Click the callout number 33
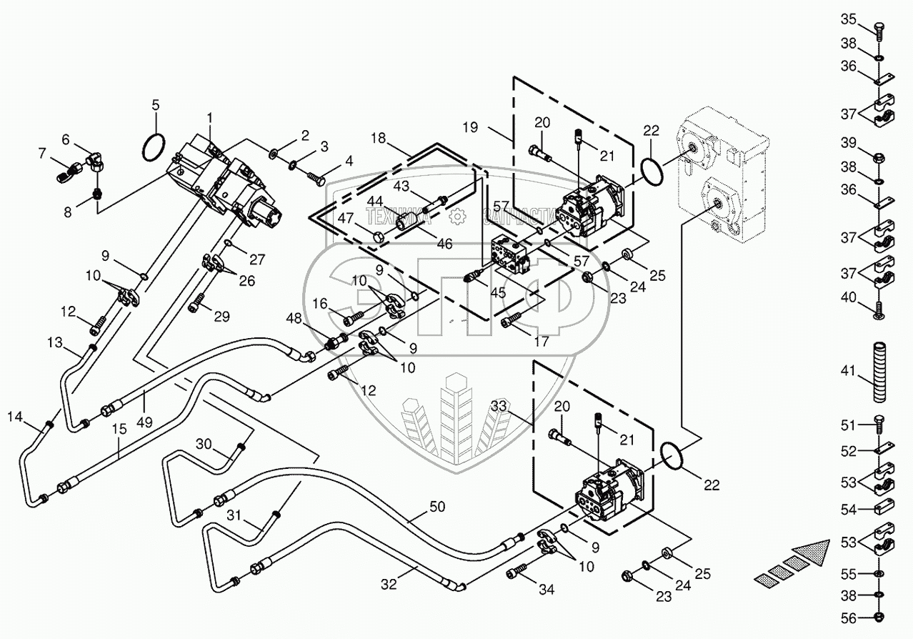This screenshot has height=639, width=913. (x=499, y=406)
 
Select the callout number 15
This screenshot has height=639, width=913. (x=119, y=430)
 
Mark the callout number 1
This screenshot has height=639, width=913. (x=210, y=117)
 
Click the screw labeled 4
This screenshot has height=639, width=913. (x=315, y=174)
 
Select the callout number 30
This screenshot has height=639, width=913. (x=204, y=443)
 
